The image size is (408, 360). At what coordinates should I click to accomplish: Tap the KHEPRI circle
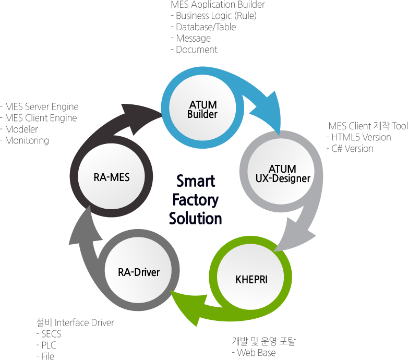click(x=251, y=279)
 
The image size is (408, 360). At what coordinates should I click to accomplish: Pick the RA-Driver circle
click(x=139, y=272)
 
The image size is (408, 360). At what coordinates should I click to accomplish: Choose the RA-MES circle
click(x=112, y=177)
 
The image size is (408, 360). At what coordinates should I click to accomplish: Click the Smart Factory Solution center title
click(x=196, y=199)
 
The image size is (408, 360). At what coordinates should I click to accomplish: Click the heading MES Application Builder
click(x=218, y=5)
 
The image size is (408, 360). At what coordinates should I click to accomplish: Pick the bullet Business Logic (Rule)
click(x=216, y=16)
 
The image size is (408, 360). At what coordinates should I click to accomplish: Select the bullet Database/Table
click(x=206, y=27)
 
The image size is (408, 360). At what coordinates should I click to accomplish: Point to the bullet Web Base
click(x=256, y=353)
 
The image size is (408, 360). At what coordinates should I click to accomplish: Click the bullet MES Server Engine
click(x=42, y=107)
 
